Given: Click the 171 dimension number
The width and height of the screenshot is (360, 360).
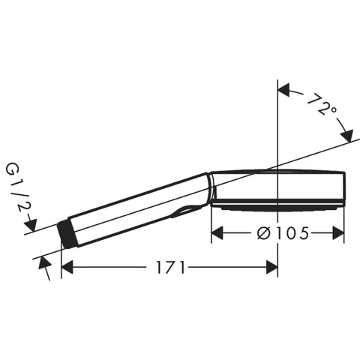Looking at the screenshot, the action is point(171,267).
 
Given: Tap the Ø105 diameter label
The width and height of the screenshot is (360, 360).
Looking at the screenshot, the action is point(283,233).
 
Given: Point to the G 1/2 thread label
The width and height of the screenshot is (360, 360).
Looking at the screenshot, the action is point(16,188).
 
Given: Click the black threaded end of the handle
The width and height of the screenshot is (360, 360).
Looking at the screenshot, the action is point(67,234).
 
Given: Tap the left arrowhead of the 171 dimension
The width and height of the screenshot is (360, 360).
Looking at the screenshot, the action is point(67,267).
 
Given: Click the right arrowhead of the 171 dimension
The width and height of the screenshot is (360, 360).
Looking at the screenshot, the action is point(272,267).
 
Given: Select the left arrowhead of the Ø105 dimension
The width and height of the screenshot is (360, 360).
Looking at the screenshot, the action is point(217,233).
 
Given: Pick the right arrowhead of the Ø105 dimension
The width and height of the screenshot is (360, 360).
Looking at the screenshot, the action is point(338,233).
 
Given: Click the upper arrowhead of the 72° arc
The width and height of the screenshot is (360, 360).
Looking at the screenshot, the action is point(283,90).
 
